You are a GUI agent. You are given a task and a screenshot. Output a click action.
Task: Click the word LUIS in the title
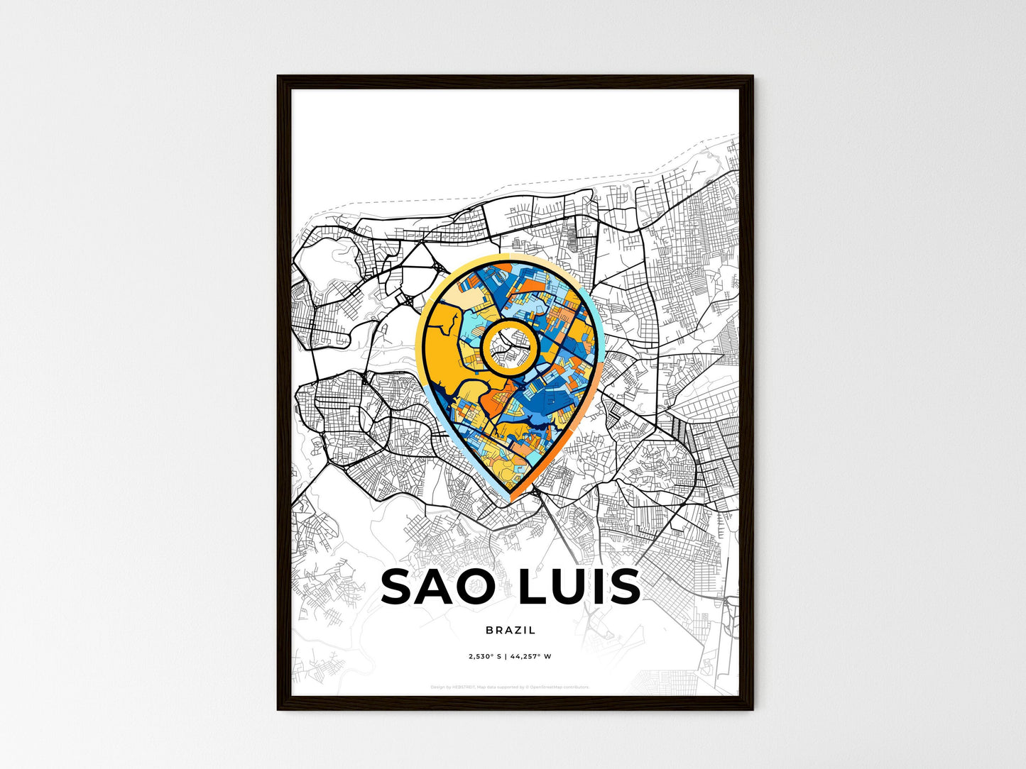[x=579, y=587]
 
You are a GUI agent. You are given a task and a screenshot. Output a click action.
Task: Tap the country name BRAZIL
[x=511, y=630]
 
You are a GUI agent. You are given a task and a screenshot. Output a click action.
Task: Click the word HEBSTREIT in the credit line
[x=464, y=687]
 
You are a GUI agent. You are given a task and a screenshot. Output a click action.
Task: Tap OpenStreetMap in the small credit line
[x=550, y=687]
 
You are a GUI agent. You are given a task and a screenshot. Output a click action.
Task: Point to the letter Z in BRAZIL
[x=517, y=630]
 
